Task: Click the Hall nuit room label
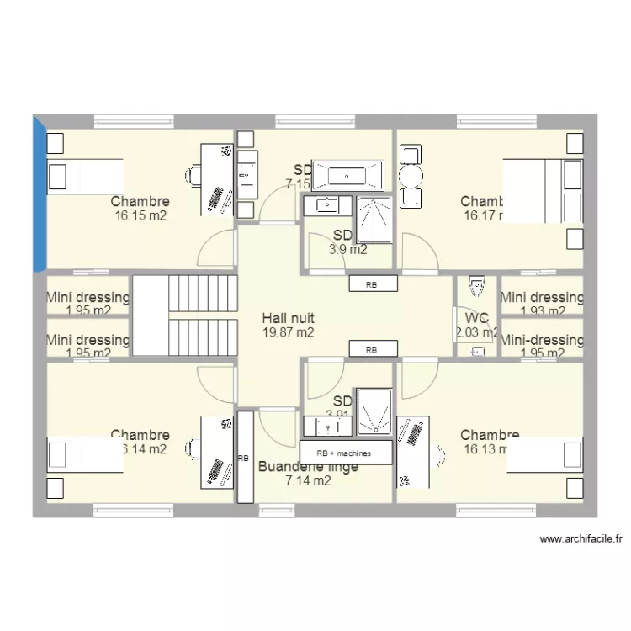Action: click(288, 318)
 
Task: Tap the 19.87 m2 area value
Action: click(288, 332)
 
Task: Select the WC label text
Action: click(476, 318)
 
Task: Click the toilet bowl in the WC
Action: click(477, 286)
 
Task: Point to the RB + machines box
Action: click(346, 453)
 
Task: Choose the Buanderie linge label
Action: click(308, 467)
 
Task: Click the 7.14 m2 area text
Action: click(308, 481)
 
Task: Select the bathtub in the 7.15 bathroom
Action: click(347, 176)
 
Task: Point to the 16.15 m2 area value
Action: click(140, 215)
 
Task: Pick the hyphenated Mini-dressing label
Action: click(542, 340)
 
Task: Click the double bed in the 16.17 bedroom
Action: click(543, 191)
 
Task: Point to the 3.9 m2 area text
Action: click(347, 249)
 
